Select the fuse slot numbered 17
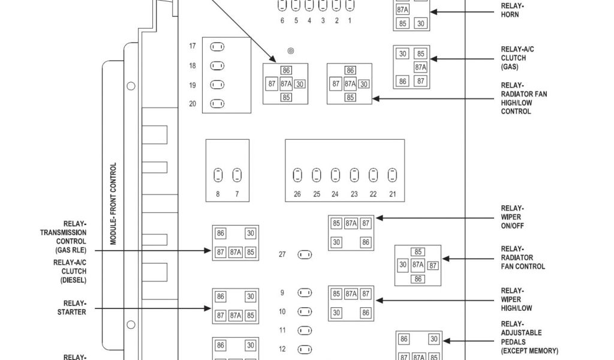click(217, 47)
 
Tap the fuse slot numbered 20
click(217, 104)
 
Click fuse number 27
click(305, 254)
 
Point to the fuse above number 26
click(297, 175)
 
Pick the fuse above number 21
click(392, 175)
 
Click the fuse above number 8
click(218, 175)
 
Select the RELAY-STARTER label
click(75, 308)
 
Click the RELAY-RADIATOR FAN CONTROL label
click(523, 258)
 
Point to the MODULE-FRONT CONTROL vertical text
click(113, 203)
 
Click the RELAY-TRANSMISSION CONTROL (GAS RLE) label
click(63, 236)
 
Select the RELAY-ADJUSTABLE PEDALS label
click(529, 337)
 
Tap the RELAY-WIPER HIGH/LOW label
click(516, 299)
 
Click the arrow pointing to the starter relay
click(150, 308)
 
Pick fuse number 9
click(305, 293)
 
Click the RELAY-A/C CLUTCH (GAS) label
click(514, 58)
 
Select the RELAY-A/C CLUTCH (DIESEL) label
click(70, 271)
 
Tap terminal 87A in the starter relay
click(236, 315)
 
